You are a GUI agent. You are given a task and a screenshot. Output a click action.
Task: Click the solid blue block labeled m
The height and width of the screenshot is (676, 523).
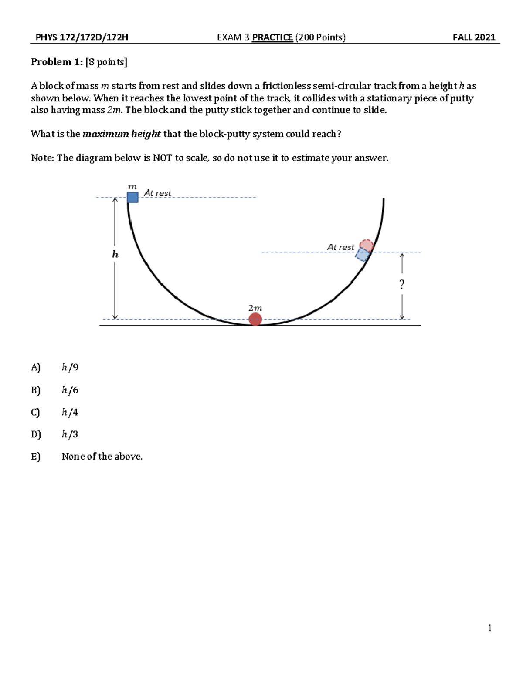[x=132, y=197]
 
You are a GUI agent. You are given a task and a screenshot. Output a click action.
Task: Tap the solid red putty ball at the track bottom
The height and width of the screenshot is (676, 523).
[x=255, y=319]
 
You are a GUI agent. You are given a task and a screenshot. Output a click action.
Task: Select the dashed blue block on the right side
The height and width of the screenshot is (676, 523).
[x=362, y=254]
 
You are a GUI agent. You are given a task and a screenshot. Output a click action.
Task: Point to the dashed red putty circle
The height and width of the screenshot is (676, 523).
[x=366, y=245]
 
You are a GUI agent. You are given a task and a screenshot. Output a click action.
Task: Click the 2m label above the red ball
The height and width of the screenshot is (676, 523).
[x=255, y=308]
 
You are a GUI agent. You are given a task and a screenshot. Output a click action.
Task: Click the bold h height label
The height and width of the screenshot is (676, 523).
[x=115, y=255]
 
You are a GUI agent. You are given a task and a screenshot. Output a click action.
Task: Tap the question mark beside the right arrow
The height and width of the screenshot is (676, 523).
[x=401, y=284]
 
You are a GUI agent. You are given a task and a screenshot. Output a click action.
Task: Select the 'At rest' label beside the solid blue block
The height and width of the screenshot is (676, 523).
[x=157, y=193]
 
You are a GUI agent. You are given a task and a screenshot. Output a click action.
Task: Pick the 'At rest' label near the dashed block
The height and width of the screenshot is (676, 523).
[x=340, y=247]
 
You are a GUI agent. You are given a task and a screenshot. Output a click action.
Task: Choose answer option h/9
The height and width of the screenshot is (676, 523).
[x=70, y=368]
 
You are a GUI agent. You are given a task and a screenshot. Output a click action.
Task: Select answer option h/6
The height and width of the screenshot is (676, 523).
[x=70, y=390]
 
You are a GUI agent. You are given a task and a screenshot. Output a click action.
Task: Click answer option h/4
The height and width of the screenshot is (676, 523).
[x=70, y=412]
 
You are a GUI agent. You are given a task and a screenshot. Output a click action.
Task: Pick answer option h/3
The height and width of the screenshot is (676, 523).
[x=70, y=434]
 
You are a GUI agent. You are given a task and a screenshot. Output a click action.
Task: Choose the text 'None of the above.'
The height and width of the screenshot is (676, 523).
[x=102, y=457]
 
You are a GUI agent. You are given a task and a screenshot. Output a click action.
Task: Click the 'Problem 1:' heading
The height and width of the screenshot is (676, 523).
[x=57, y=62]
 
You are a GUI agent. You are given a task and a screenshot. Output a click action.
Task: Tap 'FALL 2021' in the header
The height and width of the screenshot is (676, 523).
[x=474, y=37]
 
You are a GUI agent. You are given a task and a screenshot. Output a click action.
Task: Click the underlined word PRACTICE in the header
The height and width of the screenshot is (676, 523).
[x=272, y=37]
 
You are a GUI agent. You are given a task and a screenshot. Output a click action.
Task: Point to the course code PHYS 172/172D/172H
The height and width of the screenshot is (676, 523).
[x=82, y=37]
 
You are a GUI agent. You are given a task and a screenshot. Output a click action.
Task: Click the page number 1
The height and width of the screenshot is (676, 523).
[x=490, y=628]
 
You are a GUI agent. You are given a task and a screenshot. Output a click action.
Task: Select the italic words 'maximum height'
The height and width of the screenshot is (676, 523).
[x=122, y=134]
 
